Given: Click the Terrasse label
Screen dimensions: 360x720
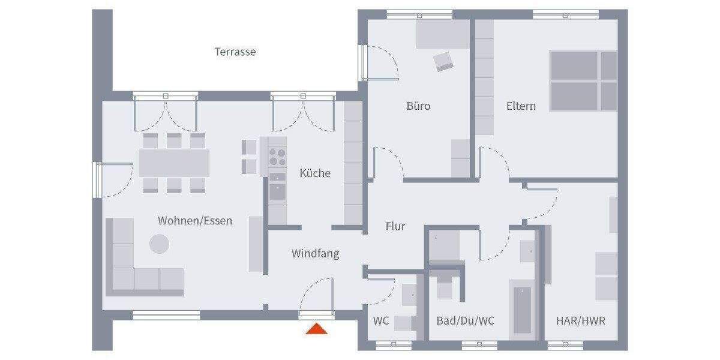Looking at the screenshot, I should tap(235, 52).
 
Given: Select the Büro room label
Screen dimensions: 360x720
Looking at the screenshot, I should tap(418, 106).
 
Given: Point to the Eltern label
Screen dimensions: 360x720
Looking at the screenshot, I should tap(521, 106).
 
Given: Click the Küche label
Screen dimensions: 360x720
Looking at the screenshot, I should tap(315, 173).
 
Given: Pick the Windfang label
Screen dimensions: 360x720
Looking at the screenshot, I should tap(315, 254).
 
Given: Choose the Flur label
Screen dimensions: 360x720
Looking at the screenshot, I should tap(395, 227).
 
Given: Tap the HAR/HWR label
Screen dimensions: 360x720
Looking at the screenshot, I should tap(580, 321).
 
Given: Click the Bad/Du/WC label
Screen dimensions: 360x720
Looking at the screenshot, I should tap(466, 321).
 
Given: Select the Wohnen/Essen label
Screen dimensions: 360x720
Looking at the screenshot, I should tap(195, 221).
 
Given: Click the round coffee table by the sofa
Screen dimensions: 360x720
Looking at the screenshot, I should tap(159, 243).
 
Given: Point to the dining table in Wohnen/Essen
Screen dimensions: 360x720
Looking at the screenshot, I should tap(174, 163).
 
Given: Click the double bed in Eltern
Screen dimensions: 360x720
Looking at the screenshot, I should tap(583, 81).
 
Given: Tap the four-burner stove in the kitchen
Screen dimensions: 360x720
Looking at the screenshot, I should tap(277, 157).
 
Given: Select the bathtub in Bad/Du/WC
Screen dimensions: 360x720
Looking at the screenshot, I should tap(522, 309).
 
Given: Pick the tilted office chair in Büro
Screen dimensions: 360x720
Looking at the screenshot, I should tap(444, 61).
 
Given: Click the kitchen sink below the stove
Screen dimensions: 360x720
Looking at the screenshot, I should tap(277, 191).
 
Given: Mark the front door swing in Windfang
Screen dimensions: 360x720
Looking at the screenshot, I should tap(316, 296).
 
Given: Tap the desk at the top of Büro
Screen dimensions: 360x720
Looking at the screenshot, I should tap(443, 34).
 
